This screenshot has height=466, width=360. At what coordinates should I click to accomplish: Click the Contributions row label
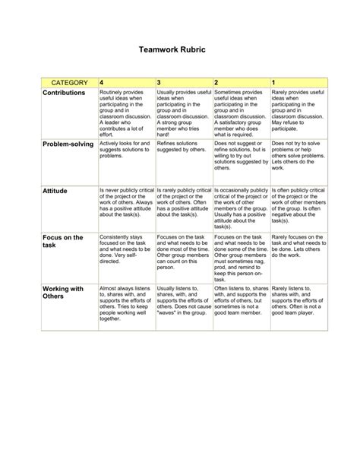pos(65,92)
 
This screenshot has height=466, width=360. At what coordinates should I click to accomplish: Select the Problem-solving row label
pos(68,144)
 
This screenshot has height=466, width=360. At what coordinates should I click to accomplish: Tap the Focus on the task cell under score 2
pos(240,254)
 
